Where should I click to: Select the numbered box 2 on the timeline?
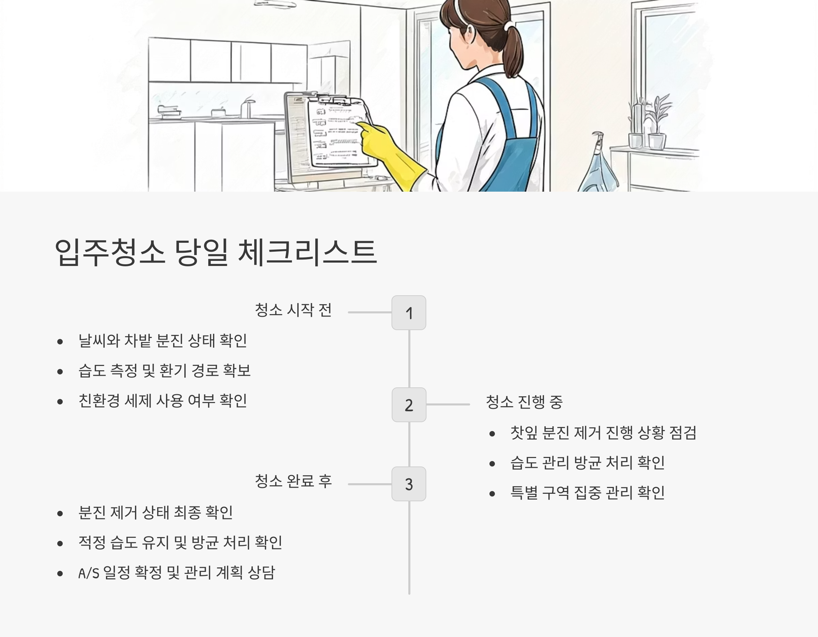409,405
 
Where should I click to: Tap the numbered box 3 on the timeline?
409,484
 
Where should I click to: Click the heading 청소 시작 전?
293,310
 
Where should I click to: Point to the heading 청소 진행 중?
524,402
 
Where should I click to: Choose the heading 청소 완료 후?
293,481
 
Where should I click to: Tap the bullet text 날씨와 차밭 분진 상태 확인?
163,341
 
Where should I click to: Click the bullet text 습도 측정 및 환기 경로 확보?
164,371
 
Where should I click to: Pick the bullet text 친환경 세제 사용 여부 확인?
163,401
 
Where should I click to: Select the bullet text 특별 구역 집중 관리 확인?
587,493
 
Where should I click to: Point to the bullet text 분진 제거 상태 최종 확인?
155,513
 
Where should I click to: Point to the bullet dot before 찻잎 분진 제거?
492,434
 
